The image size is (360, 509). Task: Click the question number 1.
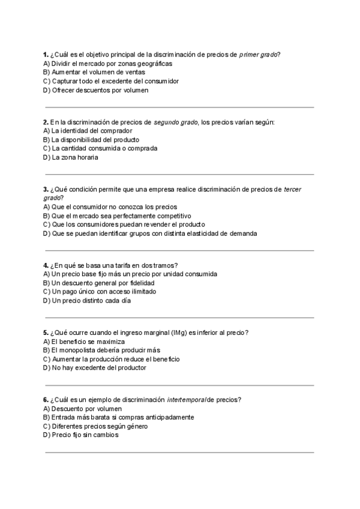46,54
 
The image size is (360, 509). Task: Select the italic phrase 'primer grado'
258,54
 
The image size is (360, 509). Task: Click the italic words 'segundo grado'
176,121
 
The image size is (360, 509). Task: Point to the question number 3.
46,189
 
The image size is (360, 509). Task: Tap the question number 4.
46,265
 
